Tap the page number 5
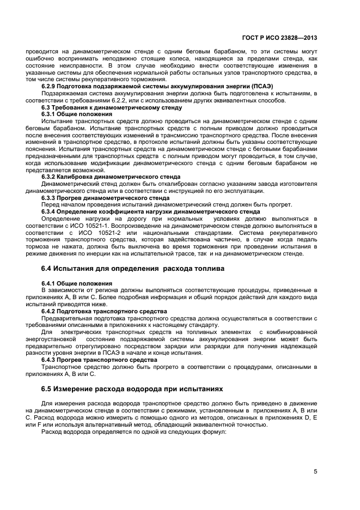click(x=315, y=472)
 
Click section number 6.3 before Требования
click(x=47, y=108)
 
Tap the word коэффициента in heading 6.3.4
click(x=132, y=212)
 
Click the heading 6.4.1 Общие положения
click(x=76, y=284)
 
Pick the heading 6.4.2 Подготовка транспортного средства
click(x=104, y=312)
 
